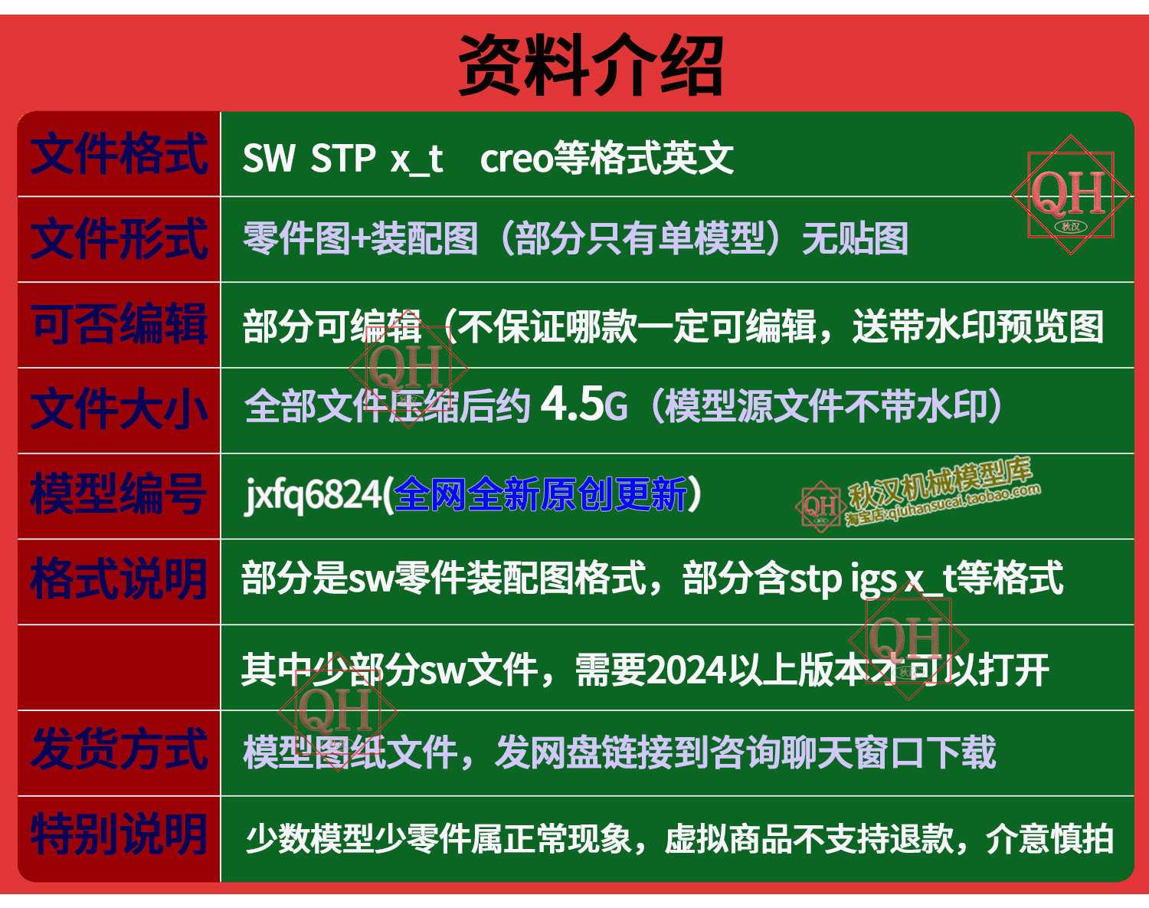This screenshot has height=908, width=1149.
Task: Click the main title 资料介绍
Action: (591, 65)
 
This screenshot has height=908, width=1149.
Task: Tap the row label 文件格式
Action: (119, 154)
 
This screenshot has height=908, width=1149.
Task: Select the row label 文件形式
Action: (119, 239)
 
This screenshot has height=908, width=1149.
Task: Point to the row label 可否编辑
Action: (119, 324)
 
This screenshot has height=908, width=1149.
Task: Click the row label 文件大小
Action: (119, 410)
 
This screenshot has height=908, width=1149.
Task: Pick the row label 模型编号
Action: (118, 494)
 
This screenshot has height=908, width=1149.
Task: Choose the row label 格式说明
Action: (118, 579)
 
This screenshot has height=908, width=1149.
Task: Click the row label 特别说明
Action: (118, 835)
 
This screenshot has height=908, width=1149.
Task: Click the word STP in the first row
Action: (342, 158)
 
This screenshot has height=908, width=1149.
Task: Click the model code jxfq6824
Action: (313, 495)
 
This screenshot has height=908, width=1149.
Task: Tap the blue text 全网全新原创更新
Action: (540, 494)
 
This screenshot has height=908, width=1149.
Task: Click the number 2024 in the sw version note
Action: (687, 670)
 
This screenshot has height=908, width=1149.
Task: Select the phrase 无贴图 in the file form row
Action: (855, 239)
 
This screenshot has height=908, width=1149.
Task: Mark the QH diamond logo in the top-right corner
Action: (1071, 195)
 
